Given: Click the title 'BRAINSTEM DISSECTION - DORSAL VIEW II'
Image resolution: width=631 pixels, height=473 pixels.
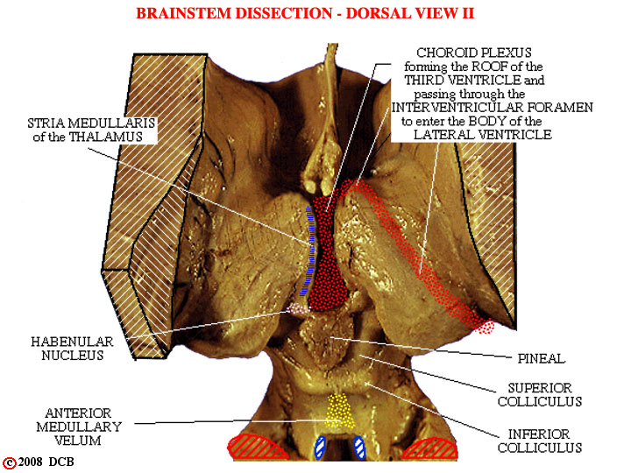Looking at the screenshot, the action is pyautogui.click(x=305, y=13).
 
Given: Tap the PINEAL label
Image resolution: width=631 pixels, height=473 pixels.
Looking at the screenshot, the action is pyautogui.click(x=542, y=358).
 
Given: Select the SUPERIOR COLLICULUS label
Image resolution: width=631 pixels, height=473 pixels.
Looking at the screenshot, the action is pyautogui.click(x=540, y=394).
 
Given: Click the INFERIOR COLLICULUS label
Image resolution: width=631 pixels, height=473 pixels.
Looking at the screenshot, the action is pyautogui.click(x=540, y=441).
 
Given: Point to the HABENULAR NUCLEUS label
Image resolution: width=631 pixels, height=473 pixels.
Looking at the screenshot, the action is pyautogui.click(x=73, y=349).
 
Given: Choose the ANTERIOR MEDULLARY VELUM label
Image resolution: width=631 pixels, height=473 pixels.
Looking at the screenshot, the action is pyautogui.click(x=79, y=427).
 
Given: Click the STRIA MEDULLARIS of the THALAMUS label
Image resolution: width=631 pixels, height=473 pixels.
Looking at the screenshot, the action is pyautogui.click(x=91, y=130).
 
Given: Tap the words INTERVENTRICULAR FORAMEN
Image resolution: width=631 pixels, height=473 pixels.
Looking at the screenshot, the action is pyautogui.click(x=493, y=108).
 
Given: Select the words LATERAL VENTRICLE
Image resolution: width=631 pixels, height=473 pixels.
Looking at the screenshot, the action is pyautogui.click(x=483, y=134).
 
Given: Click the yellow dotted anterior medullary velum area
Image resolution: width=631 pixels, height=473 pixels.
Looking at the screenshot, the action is pyautogui.click(x=340, y=411).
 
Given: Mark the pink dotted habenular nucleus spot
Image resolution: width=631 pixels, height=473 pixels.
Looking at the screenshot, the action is pyautogui.click(x=298, y=308).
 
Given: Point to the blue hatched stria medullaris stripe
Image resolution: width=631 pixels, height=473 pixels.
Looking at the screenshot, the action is pyautogui.click(x=310, y=251).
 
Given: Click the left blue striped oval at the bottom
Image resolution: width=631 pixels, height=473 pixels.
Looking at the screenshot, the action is pyautogui.click(x=320, y=448).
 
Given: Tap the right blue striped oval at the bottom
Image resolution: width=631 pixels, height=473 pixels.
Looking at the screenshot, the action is pyautogui.click(x=359, y=448).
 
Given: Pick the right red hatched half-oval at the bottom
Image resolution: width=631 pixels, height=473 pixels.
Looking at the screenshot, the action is pyautogui.click(x=429, y=448).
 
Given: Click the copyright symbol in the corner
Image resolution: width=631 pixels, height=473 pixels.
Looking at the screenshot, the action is pyautogui.click(x=9, y=463).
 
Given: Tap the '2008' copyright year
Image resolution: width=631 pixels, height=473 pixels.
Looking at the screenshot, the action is pyautogui.click(x=30, y=462).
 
